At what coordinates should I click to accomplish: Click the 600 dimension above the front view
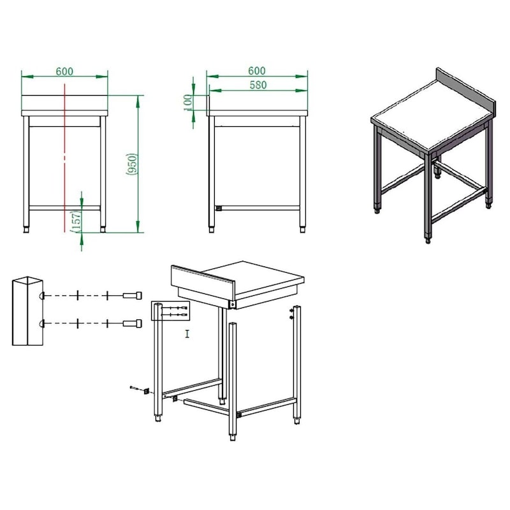pyautogui.click(x=64, y=71)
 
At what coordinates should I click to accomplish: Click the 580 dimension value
pyautogui.click(x=258, y=85)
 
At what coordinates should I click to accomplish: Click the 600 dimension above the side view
pyautogui.click(x=257, y=71)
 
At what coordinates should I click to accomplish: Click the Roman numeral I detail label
pyautogui.click(x=187, y=333)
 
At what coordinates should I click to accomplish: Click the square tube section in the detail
pyautogui.click(x=27, y=311)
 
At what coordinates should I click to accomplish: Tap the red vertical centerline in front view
pyautogui.click(x=64, y=159)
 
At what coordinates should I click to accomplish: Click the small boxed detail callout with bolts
pyautogui.click(x=170, y=311)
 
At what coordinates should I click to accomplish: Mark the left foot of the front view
pyautogui.click(x=27, y=228)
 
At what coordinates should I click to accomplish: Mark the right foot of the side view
pyautogui.click(x=302, y=228)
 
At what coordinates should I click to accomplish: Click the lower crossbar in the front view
pyautogui.click(x=64, y=207)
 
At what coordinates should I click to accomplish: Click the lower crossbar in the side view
pyautogui.click(x=258, y=207)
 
